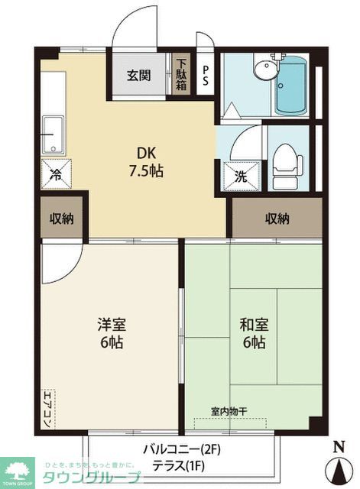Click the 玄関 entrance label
138,76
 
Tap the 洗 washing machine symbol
239,173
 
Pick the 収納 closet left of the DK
61,219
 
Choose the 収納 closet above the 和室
277,219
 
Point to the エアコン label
47,404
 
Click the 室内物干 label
228,413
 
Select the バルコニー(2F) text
181,448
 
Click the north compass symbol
339,463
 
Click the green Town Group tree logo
18,468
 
